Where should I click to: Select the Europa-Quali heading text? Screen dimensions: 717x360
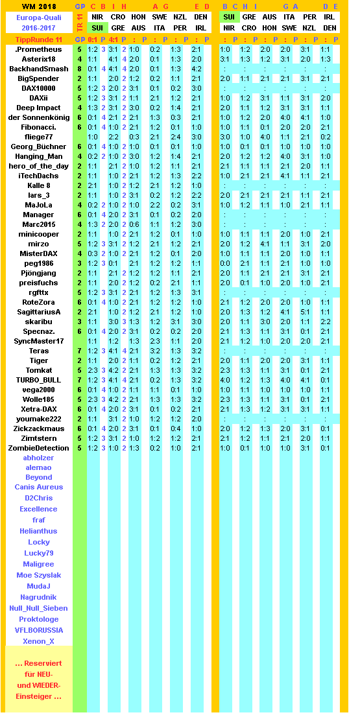[x=38, y=18]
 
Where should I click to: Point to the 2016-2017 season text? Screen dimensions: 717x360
[x=38, y=29]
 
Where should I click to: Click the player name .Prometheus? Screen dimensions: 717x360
[x=38, y=49]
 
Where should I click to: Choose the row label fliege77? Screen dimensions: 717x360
[x=38, y=137]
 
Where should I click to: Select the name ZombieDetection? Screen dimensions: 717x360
[x=38, y=448]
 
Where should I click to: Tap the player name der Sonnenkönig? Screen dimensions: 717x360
[x=38, y=117]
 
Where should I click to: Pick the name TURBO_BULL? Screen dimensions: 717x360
[x=38, y=380]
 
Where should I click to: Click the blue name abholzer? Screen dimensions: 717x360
[x=38, y=458]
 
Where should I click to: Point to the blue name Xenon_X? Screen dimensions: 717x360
[x=38, y=641]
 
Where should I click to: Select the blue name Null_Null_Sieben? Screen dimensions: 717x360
[x=38, y=608]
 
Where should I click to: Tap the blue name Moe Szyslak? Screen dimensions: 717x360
[x=38, y=575]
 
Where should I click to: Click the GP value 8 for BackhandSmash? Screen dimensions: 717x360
[x=79, y=69]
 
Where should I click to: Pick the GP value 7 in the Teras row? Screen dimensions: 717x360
[x=79, y=351]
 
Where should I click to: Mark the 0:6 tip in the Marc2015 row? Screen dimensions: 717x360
[x=134, y=224]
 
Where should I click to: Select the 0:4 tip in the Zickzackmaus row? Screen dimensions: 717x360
[x=176, y=429]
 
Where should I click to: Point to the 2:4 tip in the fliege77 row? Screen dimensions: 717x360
[x=176, y=137]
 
